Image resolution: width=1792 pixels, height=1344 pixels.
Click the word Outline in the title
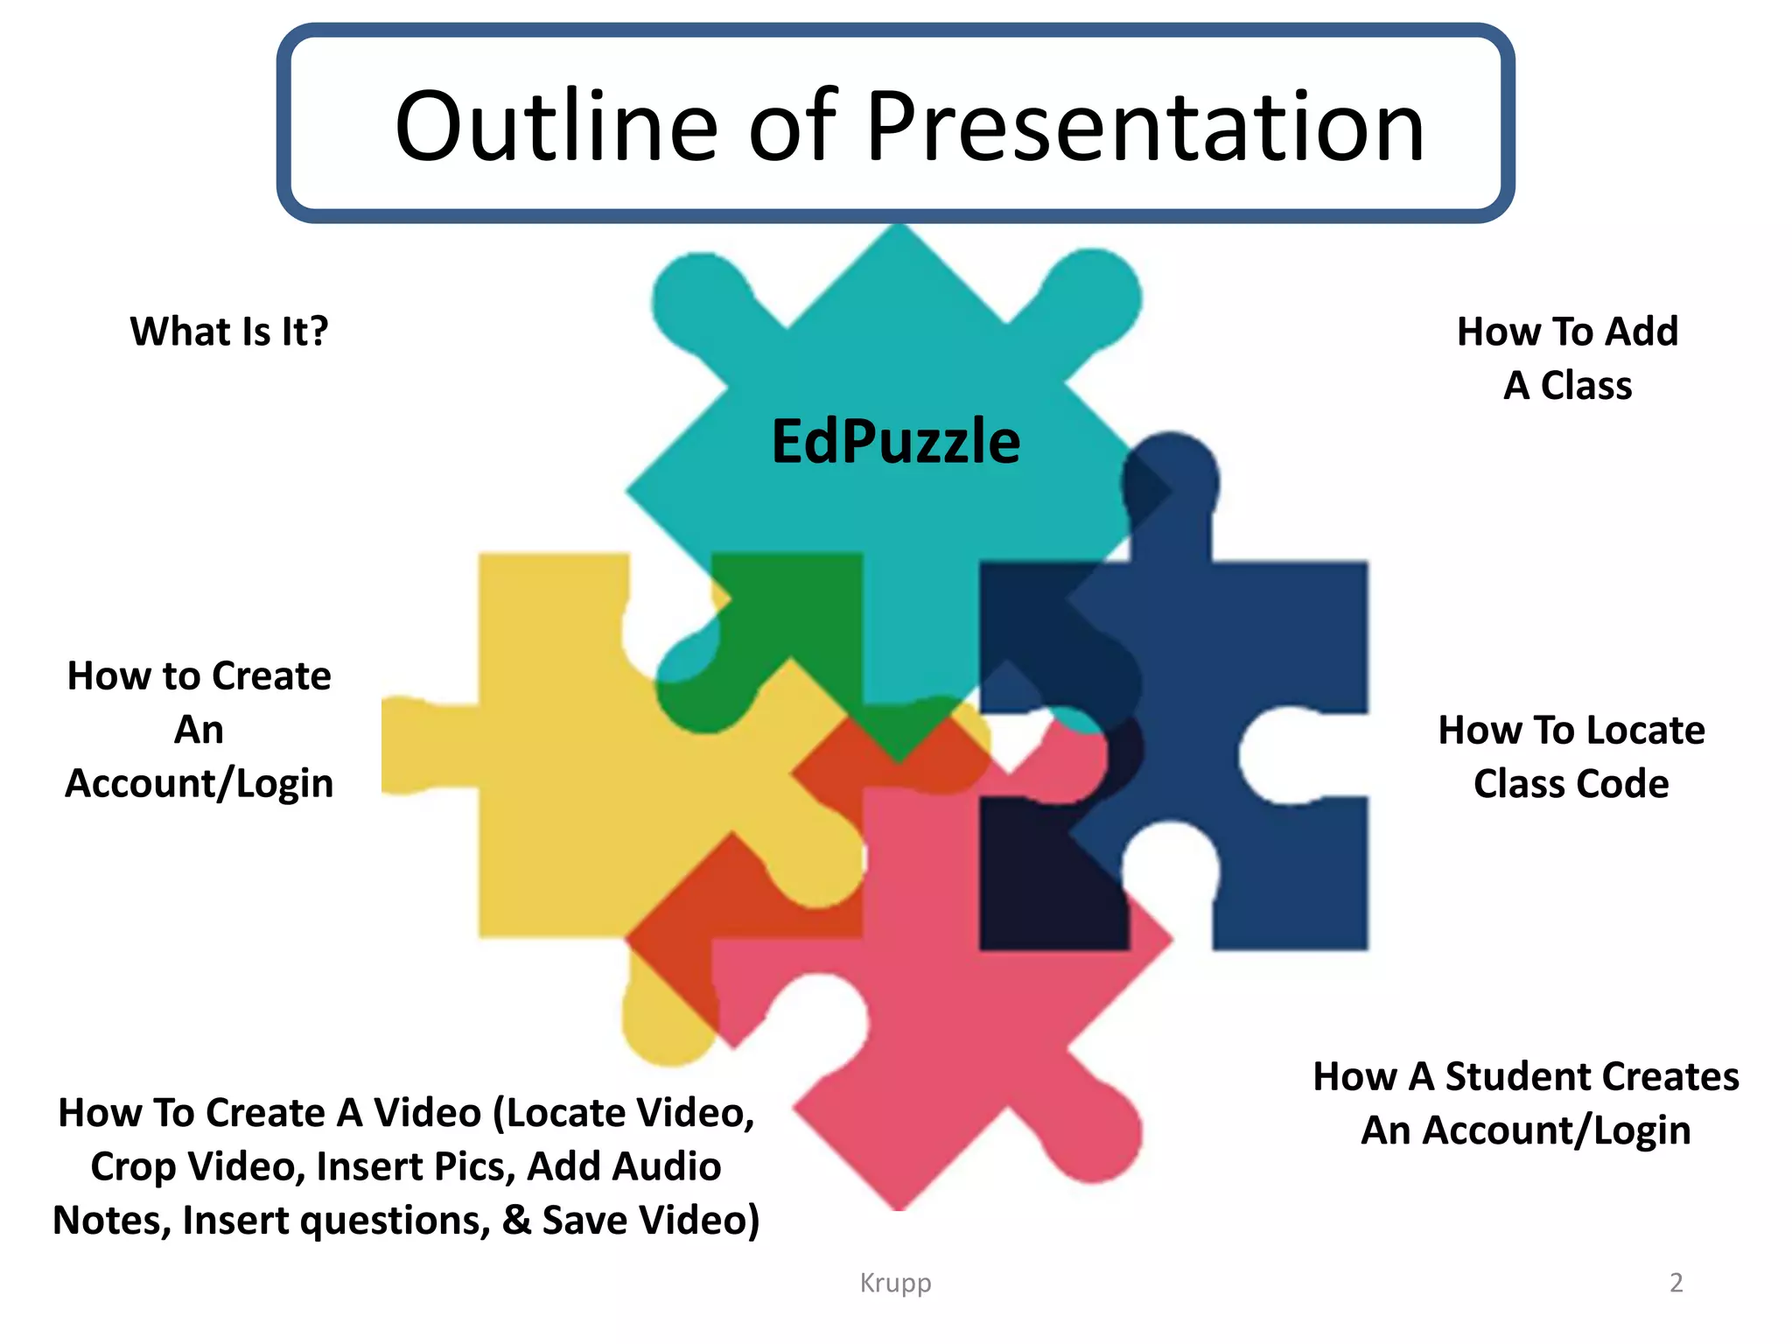point(556,127)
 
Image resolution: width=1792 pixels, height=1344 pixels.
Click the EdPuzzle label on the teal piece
point(895,441)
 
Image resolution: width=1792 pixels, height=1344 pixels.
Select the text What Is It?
point(229,332)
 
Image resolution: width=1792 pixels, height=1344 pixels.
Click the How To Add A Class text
point(1567,358)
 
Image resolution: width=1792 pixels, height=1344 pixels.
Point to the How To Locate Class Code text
point(1571,756)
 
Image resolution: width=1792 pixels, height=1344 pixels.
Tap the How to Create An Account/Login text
point(199,729)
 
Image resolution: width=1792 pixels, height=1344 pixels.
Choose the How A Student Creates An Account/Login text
point(1526,1102)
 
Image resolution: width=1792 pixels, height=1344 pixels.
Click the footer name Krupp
point(895,1283)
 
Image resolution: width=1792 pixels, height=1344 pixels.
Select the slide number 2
point(1676,1283)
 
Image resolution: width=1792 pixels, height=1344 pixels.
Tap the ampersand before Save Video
point(516,1220)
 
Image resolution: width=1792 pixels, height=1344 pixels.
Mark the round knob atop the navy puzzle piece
point(1171,477)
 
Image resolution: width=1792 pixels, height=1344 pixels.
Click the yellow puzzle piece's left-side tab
point(420,746)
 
